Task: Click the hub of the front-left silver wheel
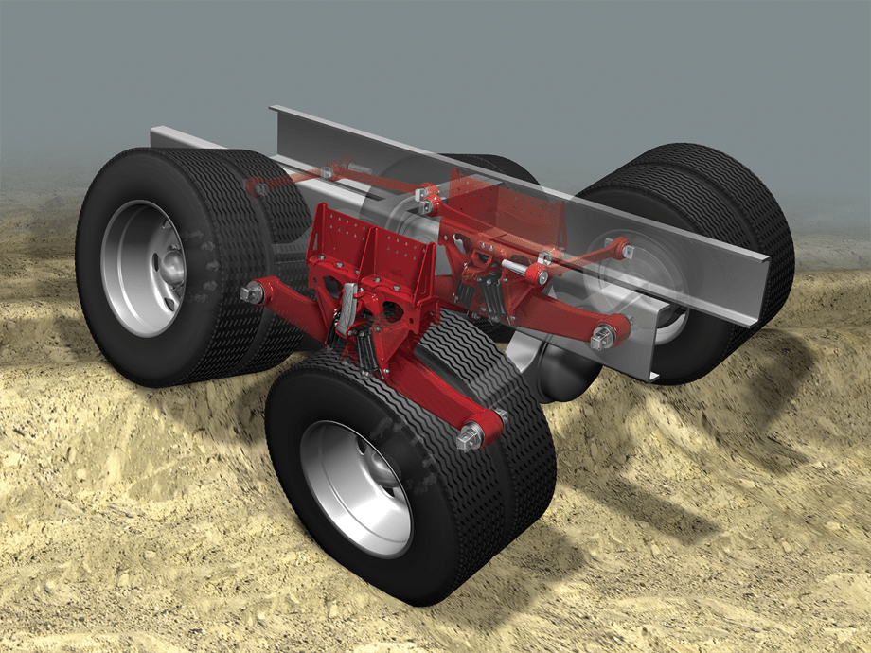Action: click(x=170, y=269)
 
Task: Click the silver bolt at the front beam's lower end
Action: click(x=471, y=437)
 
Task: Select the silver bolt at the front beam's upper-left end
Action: click(x=253, y=294)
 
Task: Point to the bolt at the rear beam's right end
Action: click(x=602, y=337)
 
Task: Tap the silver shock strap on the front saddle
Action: click(x=347, y=308)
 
